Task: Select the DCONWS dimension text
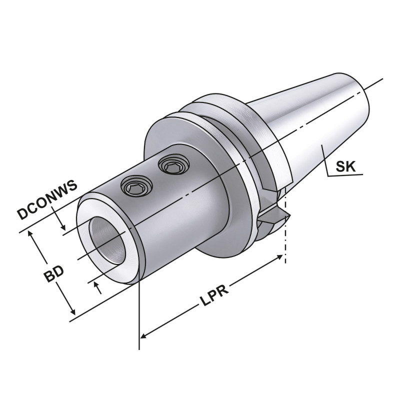[x=47, y=200]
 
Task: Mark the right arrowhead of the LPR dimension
[x=279, y=257]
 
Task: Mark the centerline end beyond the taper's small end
[x=377, y=82]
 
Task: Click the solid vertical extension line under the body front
[x=137, y=320]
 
